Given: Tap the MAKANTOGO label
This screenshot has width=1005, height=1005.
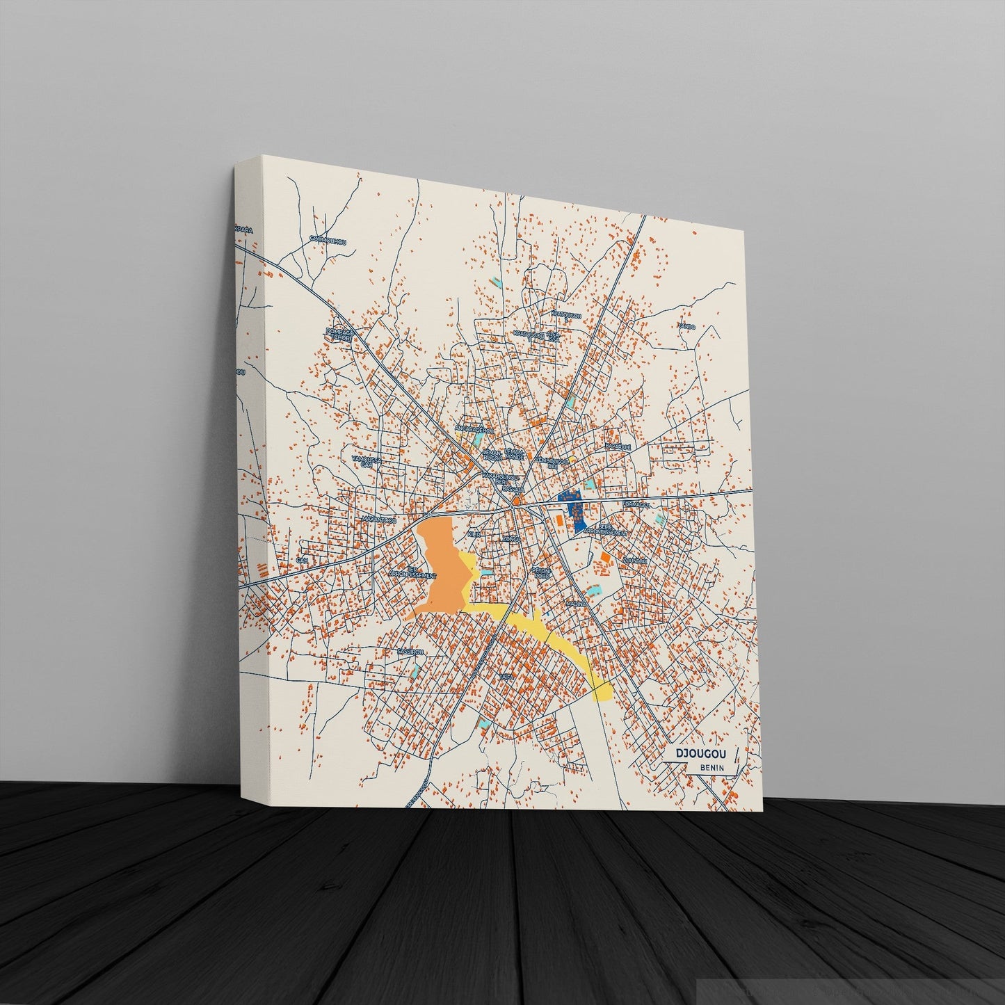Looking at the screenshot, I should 379,519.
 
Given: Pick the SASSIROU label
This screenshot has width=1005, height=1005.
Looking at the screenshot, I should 410,652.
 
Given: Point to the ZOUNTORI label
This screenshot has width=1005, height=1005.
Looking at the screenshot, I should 636,561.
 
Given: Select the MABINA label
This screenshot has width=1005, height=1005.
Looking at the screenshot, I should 574,604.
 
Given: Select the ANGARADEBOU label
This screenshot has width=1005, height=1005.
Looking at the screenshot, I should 472,428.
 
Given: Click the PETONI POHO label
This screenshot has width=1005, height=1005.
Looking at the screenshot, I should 541,572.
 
